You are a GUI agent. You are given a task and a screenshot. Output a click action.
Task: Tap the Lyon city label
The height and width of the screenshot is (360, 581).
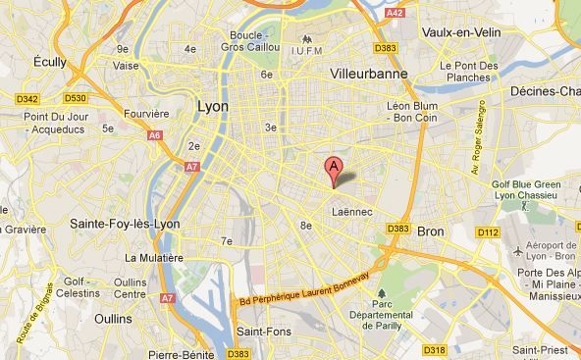tap(213, 106)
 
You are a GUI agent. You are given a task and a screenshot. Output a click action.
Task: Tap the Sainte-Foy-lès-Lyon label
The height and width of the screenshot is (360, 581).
tap(125, 224)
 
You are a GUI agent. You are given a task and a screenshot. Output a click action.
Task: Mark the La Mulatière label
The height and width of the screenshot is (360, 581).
tap(154, 257)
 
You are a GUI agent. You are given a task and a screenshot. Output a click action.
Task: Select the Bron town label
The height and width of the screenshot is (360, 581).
tap(431, 231)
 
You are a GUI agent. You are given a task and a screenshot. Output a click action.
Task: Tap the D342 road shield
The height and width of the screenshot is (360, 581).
tap(26, 99)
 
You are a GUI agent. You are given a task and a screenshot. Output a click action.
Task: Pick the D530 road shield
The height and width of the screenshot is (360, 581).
tap(76, 99)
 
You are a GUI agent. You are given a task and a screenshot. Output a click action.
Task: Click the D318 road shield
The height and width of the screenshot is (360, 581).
tap(436, 348)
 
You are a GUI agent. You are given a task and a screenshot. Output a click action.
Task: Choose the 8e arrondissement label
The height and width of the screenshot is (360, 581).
tap(305, 225)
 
